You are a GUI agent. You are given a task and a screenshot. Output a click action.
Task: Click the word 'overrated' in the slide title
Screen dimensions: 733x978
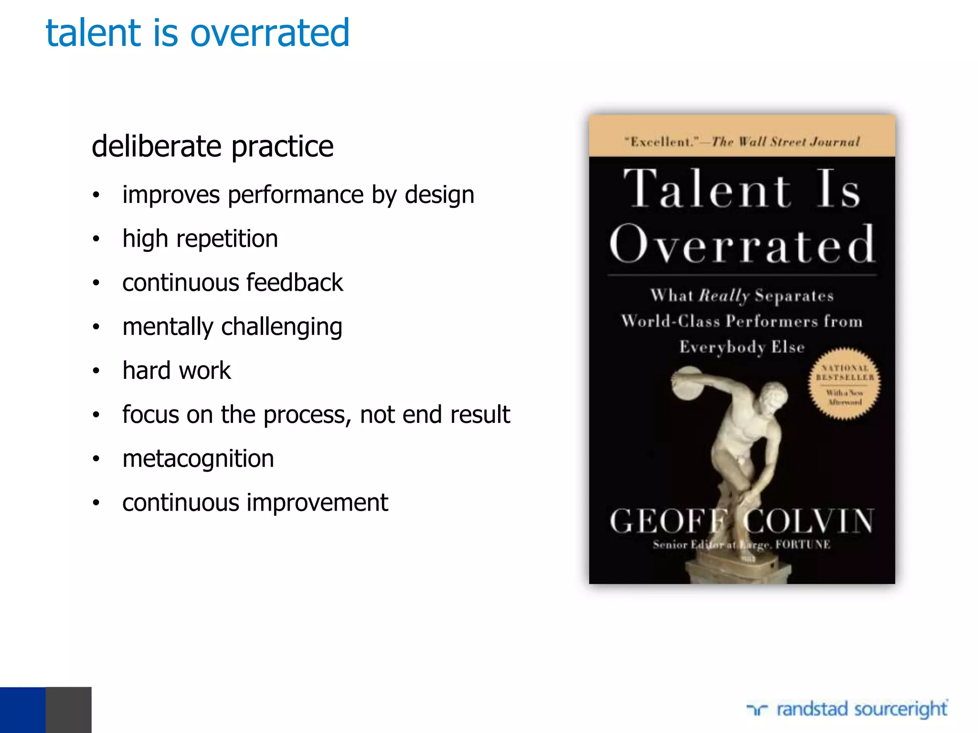[x=270, y=33]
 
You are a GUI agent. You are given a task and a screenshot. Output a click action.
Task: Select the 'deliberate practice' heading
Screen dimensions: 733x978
[x=213, y=146]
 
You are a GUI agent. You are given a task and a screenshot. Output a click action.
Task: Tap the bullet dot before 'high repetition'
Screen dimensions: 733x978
[x=96, y=239]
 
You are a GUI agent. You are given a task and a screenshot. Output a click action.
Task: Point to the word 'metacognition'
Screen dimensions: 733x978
[x=198, y=459]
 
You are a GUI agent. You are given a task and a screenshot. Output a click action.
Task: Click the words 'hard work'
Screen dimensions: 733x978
[x=177, y=371]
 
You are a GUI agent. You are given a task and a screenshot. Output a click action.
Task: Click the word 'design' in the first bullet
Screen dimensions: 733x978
[x=439, y=195]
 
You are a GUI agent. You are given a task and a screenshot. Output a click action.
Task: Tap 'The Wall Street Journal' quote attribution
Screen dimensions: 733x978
[x=786, y=142]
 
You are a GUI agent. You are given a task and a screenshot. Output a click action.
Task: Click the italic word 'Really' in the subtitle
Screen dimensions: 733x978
[x=724, y=296]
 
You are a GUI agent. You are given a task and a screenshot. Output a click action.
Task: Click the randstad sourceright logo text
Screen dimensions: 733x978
[x=861, y=709]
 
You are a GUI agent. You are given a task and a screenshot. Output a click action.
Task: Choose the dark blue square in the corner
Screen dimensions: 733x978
[x=22, y=710]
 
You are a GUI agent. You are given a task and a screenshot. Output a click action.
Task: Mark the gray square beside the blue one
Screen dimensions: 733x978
[x=68, y=710]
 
